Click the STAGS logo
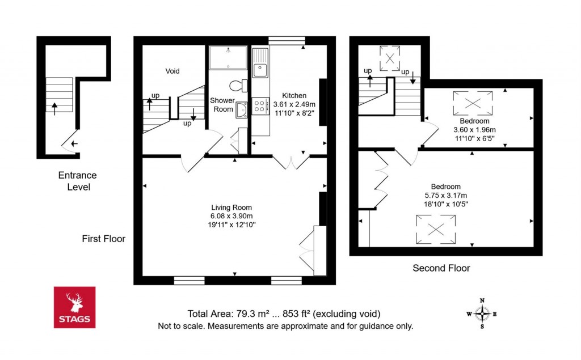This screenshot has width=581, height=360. pyautogui.click(x=74, y=307)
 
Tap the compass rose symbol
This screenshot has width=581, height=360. pyautogui.click(x=482, y=313)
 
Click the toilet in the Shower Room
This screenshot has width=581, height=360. pyautogui.click(x=238, y=86)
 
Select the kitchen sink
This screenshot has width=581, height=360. pyautogui.click(x=261, y=63)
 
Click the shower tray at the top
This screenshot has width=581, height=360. pyautogui.click(x=228, y=57)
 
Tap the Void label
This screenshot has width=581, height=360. pyautogui.click(x=172, y=71)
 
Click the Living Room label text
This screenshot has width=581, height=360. pyautogui.click(x=231, y=207)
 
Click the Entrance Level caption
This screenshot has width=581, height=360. pyautogui.click(x=77, y=181)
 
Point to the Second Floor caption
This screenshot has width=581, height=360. pyautogui.click(x=441, y=268)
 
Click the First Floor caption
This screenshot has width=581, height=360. pyautogui.click(x=103, y=239)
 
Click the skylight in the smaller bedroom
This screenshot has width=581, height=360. pyautogui.click(x=472, y=103)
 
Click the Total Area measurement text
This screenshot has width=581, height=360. pyautogui.click(x=284, y=314)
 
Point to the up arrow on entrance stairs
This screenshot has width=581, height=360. pyautogui.click(x=55, y=108)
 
